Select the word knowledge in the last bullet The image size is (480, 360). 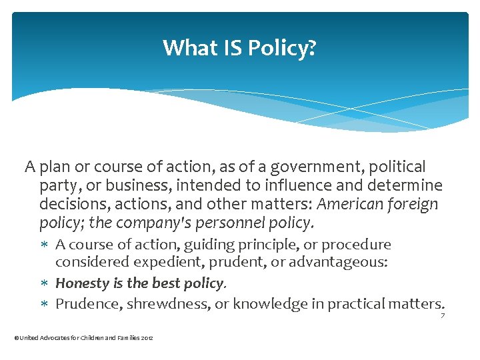click(x=263, y=304)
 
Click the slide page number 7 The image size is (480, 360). click(x=442, y=315)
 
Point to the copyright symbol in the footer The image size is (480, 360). click(x=16, y=339)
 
